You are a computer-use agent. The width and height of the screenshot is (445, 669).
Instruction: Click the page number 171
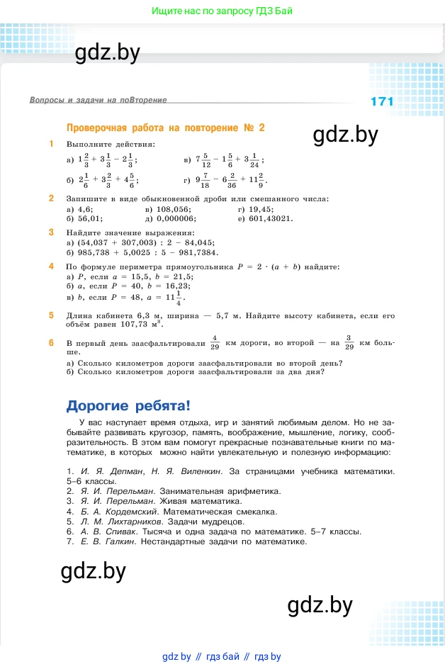click(382, 101)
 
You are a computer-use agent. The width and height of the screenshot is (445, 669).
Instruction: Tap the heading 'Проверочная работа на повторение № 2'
click(165, 128)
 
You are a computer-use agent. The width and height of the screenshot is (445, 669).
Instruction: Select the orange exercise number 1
click(51, 144)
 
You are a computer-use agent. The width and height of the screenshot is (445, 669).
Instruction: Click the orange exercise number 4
click(51, 266)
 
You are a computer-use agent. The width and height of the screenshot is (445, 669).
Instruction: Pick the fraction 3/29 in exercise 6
click(349, 344)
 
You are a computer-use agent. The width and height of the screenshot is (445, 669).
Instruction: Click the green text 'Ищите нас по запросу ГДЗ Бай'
click(222, 11)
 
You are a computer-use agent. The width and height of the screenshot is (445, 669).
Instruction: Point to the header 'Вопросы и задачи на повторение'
click(98, 101)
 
